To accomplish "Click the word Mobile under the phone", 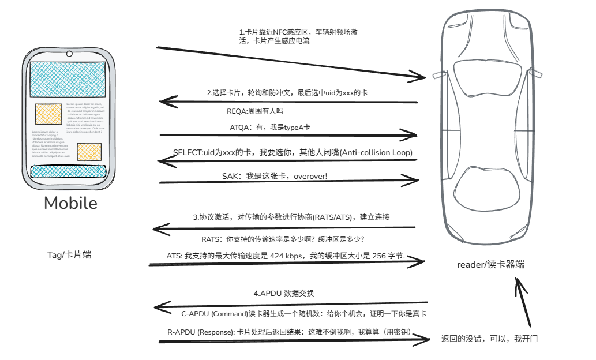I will click(70, 203).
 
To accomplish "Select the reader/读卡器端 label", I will click(490, 265).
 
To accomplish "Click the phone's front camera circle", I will click(69, 54).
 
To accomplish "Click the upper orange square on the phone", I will click(48, 114).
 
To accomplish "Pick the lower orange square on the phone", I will click(89, 152).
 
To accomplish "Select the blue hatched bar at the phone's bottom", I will click(69, 171).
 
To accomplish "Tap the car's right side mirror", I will click(536, 73).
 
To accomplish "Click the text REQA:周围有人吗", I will click(255, 111).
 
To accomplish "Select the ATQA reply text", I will click(271, 127).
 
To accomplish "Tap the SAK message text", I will click(275, 175).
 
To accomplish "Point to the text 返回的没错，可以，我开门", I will click(489, 339).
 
